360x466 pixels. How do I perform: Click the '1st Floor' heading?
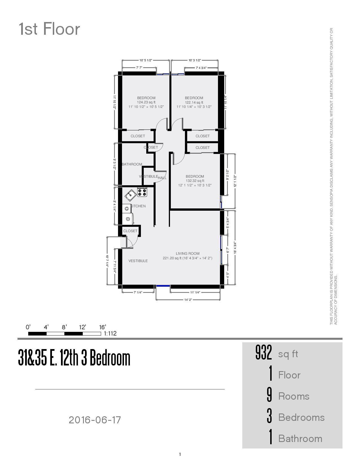point(49,29)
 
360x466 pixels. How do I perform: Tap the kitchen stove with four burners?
point(142,192)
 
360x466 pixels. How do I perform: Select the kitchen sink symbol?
point(130,195)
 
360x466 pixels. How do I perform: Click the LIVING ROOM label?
point(187,254)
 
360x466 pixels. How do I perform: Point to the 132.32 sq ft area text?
point(195,181)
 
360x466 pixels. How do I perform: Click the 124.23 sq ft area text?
point(146,103)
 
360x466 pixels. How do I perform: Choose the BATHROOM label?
point(132,164)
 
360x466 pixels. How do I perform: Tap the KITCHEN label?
point(138,206)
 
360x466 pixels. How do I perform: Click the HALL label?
point(162,178)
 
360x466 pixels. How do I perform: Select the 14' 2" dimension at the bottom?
point(188,300)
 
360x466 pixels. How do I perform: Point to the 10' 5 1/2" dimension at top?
point(146,60)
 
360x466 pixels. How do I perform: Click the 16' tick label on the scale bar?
point(102,327)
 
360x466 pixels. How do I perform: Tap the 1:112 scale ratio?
point(110,334)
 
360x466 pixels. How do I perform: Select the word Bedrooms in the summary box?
point(301,417)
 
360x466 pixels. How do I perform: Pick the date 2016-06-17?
point(95,420)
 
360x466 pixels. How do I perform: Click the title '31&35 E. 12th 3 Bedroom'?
point(74,358)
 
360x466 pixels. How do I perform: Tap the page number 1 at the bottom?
point(180,454)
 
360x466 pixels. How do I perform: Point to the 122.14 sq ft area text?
point(194,103)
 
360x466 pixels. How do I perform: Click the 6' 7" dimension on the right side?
point(228,250)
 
